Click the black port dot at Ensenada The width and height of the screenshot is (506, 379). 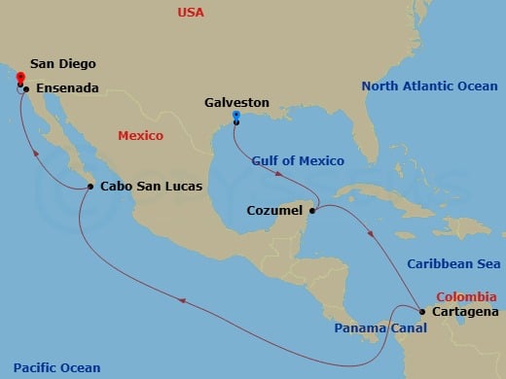[x=26, y=89]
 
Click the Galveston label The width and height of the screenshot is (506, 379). [x=236, y=101]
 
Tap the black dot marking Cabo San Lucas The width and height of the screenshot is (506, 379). [x=90, y=187]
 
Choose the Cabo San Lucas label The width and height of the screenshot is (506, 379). [x=148, y=187]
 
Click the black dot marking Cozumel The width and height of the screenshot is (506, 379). [x=312, y=211]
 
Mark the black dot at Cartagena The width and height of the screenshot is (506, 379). [x=421, y=312]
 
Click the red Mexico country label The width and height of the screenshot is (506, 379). [x=140, y=136]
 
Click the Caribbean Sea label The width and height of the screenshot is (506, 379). [x=452, y=263]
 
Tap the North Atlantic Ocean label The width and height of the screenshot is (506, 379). [x=429, y=86]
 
